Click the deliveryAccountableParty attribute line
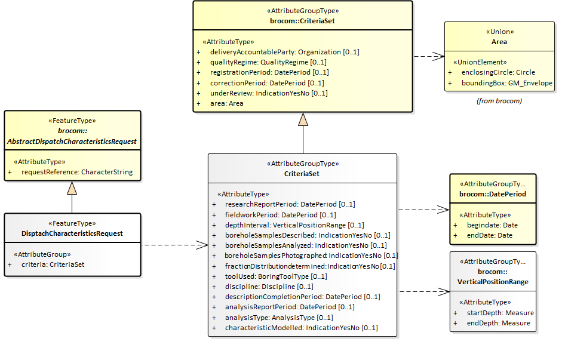(284, 52)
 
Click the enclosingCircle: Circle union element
(498, 72)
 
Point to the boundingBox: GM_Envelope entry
(506, 83)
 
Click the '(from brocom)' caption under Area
(499, 101)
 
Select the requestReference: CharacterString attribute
(77, 172)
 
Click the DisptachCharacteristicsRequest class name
(72, 233)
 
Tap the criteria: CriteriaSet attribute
(53, 264)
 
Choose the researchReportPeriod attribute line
(290, 204)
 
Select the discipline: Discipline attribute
(268, 287)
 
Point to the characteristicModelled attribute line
(301, 328)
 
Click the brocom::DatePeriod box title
(493, 194)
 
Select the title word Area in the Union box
(499, 42)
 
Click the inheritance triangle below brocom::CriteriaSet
(303, 119)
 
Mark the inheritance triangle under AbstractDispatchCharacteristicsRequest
(72, 188)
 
